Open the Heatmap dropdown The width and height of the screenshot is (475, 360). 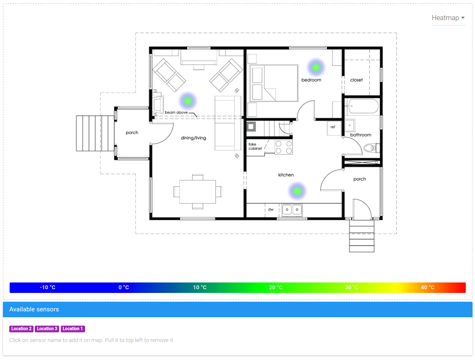pyautogui.click(x=448, y=18)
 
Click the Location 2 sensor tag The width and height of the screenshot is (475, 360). pyautogui.click(x=21, y=329)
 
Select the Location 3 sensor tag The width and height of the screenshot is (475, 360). pyautogui.click(x=47, y=329)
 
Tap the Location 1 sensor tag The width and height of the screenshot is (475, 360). pyautogui.click(x=73, y=329)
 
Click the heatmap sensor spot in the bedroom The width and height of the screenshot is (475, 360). pyautogui.click(x=316, y=67)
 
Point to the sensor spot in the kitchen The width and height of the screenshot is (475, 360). pyautogui.click(x=297, y=191)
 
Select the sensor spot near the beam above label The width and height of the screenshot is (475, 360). pyautogui.click(x=188, y=101)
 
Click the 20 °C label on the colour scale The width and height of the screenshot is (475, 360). pyautogui.click(x=276, y=287)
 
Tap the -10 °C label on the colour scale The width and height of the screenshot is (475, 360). pyautogui.click(x=47, y=287)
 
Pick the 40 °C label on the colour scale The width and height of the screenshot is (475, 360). pyautogui.click(x=428, y=287)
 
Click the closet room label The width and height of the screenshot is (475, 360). pyautogui.click(x=356, y=80)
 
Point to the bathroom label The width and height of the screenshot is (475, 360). pyautogui.click(x=361, y=135)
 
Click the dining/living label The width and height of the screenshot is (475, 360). pyautogui.click(x=193, y=138)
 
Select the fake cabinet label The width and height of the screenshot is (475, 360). pyautogui.click(x=255, y=146)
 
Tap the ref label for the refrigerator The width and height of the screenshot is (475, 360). pyautogui.click(x=332, y=127)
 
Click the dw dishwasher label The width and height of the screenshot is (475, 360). pyautogui.click(x=271, y=209)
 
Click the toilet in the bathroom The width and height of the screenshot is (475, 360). pyautogui.click(x=371, y=148)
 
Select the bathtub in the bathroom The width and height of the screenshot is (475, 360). pyautogui.click(x=362, y=106)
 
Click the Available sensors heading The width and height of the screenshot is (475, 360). pyautogui.click(x=34, y=309)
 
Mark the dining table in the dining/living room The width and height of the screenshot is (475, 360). pyautogui.click(x=197, y=192)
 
